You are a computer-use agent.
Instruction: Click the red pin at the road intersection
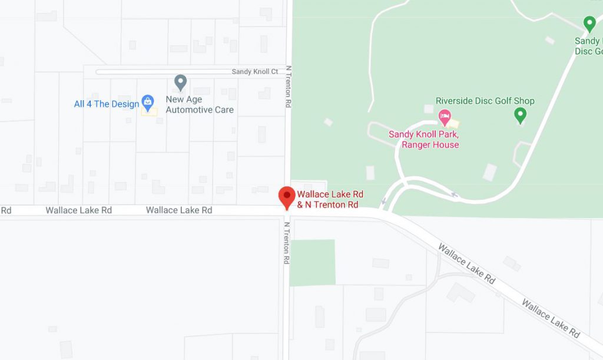pos(287,196)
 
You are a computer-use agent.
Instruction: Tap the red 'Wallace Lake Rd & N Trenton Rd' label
pos(330,200)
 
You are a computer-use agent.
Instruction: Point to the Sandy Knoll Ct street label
pos(254,72)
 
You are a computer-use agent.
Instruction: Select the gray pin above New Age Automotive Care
pos(181,82)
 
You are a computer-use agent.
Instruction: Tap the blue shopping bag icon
pos(148,103)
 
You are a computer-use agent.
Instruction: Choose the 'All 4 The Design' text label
pos(106,104)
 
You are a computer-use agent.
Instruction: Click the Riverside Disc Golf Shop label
pos(485,101)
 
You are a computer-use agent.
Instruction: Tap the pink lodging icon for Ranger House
pos(445,116)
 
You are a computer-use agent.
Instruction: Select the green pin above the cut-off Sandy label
pos(589,24)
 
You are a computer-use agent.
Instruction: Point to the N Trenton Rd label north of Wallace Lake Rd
pos(289,86)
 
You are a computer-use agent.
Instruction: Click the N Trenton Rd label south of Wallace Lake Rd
pos(287,243)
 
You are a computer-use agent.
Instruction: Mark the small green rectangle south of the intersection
pos(312,262)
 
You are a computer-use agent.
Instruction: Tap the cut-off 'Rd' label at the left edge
pos(6,210)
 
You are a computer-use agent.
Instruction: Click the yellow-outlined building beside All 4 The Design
pos(150,112)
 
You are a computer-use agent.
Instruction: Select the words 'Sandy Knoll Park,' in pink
pos(423,134)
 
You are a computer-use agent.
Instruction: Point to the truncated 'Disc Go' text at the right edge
pos(588,51)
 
